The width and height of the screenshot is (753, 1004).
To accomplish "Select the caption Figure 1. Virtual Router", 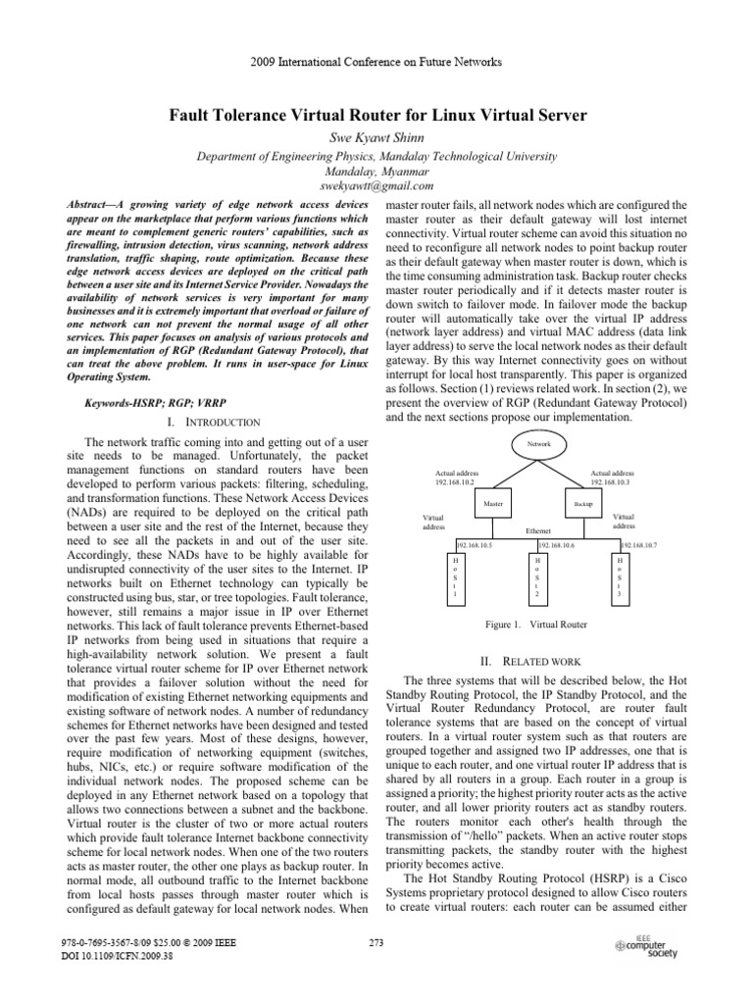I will [x=536, y=624].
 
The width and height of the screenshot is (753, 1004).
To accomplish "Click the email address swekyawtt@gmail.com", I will [x=377, y=185].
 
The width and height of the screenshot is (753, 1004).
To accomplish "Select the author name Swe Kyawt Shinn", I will [x=377, y=137].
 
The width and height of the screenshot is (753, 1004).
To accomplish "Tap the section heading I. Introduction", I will [x=213, y=422].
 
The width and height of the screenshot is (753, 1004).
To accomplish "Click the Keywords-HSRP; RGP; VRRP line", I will [x=150, y=403].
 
